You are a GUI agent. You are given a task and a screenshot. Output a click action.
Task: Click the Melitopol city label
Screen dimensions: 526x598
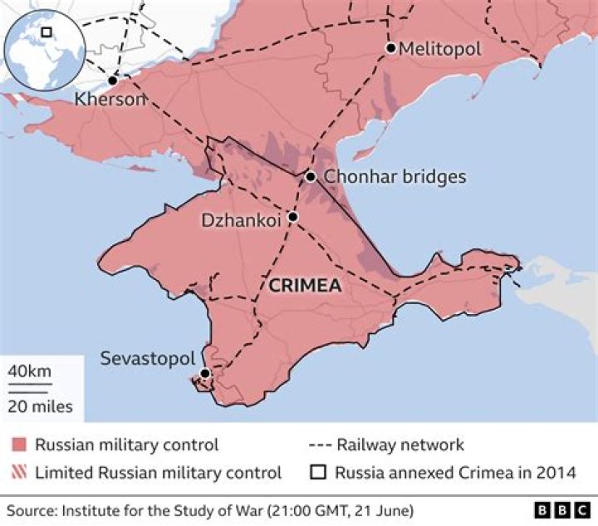pos(439,49)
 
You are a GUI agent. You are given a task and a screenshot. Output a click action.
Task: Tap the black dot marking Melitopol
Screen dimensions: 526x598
pos(390,48)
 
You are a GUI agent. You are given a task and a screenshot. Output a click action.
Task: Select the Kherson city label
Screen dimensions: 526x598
pos(110,99)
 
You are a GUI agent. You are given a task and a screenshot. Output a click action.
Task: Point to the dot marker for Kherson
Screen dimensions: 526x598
pos(112,81)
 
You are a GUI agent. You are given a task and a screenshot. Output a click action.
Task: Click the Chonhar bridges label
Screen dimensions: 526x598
pos(395,177)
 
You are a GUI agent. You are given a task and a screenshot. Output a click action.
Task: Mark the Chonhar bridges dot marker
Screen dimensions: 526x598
pos(310,176)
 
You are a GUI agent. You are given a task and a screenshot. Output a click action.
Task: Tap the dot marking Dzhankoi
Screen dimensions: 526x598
pos(292,217)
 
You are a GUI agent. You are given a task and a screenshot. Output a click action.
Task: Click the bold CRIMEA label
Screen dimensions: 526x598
pos(305,285)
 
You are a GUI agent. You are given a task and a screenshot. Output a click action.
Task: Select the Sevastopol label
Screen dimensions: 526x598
pos(147,359)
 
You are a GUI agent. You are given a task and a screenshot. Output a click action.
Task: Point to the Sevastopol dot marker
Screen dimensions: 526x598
pos(204,374)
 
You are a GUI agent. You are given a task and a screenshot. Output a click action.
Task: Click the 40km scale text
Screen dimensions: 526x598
pos(30,371)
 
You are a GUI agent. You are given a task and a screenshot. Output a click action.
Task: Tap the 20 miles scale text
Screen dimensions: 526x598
pos(40,406)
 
